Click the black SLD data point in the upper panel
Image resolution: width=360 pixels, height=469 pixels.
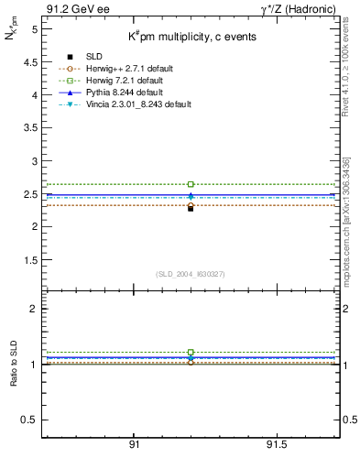(191, 208)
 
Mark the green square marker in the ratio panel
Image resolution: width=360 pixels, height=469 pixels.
(191, 352)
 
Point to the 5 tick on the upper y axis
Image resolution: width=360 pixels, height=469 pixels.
(34, 29)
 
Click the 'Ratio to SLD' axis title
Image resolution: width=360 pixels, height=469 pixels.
(14, 365)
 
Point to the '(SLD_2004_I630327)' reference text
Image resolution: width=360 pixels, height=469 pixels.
(191, 273)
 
